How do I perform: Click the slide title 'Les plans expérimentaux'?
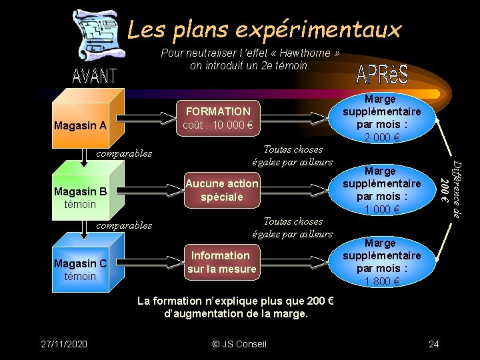pyautogui.click(x=264, y=29)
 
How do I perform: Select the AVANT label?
pyautogui.click(x=94, y=76)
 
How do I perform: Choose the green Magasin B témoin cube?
pyautogui.click(x=84, y=194)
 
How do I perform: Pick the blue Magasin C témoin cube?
pyautogui.click(x=84, y=267)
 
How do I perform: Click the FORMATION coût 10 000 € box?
pyautogui.click(x=218, y=118)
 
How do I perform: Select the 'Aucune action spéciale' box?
pyautogui.click(x=222, y=190)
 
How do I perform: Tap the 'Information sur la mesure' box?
pyautogui.click(x=221, y=262)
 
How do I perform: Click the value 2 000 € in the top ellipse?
pyautogui.click(x=381, y=138)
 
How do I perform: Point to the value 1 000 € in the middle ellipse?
pyautogui.click(x=381, y=210)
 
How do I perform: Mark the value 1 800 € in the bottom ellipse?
pyautogui.click(x=381, y=281)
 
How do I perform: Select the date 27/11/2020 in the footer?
pyautogui.click(x=63, y=343)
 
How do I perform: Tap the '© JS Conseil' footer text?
pyautogui.click(x=239, y=343)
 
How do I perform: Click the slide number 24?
pyautogui.click(x=434, y=343)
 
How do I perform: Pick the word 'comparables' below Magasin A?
pyautogui.click(x=124, y=153)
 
